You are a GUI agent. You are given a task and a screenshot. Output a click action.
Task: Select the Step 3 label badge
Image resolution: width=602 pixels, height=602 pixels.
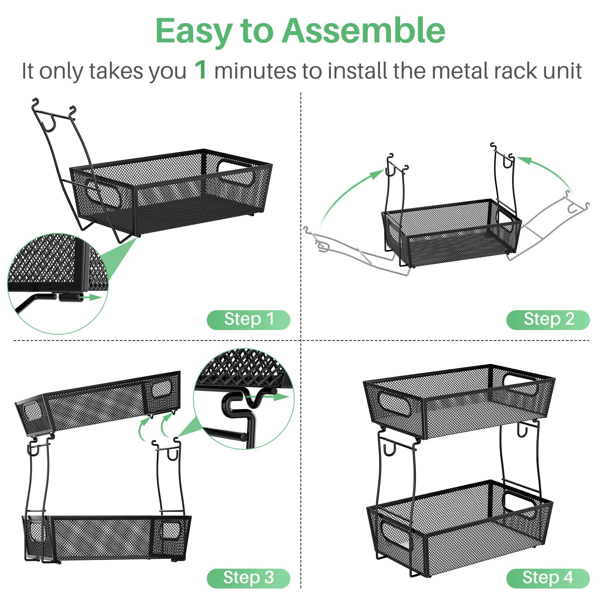[x=248, y=578]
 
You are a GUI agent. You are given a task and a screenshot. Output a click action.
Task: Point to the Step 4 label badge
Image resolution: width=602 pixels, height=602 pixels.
[x=548, y=578]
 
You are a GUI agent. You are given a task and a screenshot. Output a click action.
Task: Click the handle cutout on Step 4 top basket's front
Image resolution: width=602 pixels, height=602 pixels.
[x=394, y=403]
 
